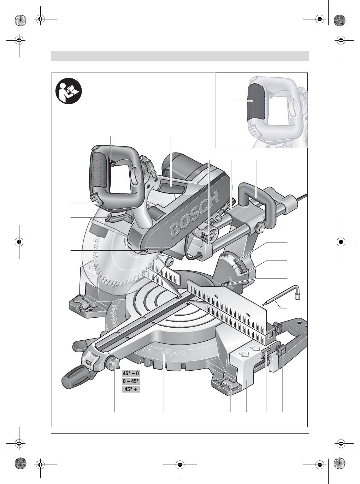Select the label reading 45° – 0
click(x=131, y=373)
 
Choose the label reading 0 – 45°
click(x=131, y=381)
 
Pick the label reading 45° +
click(x=131, y=389)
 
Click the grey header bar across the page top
click(x=180, y=56)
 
